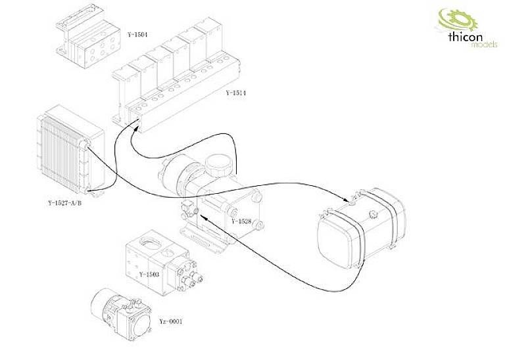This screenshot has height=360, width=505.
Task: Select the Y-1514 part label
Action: pos(236,93)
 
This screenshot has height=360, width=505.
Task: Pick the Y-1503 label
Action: pos(150,273)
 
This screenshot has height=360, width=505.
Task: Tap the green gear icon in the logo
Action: pos(451,20)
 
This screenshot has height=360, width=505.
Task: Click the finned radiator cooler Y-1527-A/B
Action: pos(66,151)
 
